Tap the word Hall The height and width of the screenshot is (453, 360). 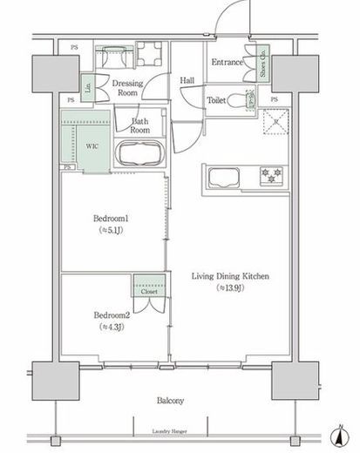tap(187, 80)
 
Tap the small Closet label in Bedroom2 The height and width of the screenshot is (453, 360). tap(147, 292)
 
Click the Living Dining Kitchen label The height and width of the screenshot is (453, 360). tap(230, 277)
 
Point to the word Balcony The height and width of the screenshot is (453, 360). tap(171, 400)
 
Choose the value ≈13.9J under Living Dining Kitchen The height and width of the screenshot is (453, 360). tap(230, 290)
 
